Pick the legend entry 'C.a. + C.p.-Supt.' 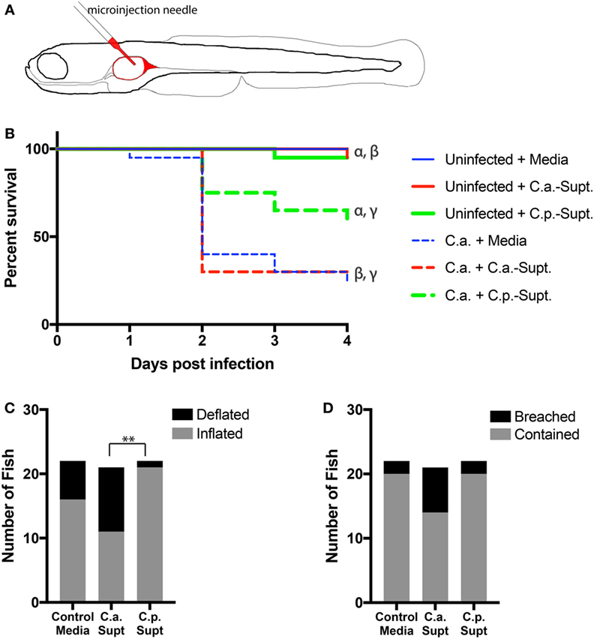(499, 296)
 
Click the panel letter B (10, 136)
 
